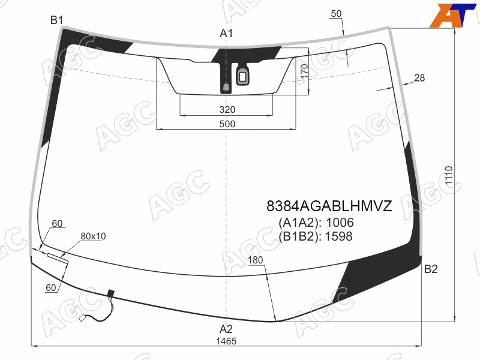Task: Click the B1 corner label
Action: pyautogui.click(x=56, y=20)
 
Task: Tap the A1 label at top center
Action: pyautogui.click(x=226, y=34)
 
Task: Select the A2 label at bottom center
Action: pyautogui.click(x=226, y=329)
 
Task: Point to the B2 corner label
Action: pyautogui.click(x=431, y=269)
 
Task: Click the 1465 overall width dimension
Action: pyautogui.click(x=226, y=341)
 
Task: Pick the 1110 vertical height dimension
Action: pyautogui.click(x=449, y=175)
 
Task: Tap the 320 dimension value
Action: pyautogui.click(x=227, y=109)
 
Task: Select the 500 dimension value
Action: pyautogui.click(x=227, y=124)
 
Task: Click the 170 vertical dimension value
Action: pyautogui.click(x=304, y=71)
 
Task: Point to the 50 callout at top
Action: pyautogui.click(x=336, y=13)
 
